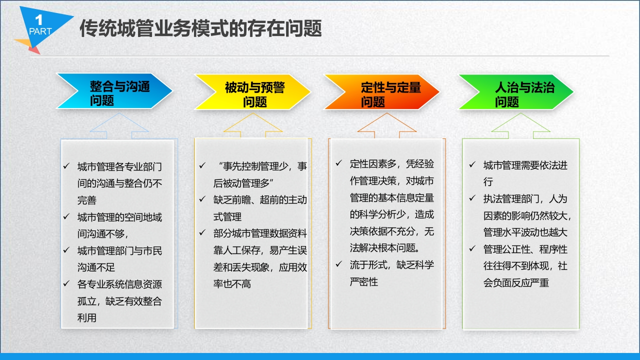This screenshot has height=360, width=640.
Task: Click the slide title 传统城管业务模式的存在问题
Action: [x=200, y=28]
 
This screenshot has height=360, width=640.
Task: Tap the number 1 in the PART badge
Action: [x=39, y=19]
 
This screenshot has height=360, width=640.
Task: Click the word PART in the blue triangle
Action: [x=40, y=31]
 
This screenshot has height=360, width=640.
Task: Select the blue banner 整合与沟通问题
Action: [x=114, y=91]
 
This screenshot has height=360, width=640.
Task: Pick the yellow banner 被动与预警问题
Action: [x=252, y=91]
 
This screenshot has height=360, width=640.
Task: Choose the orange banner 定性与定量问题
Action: [x=381, y=91]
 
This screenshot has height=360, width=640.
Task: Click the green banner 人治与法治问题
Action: [x=516, y=91]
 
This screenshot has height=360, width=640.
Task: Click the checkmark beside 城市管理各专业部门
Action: [x=66, y=165]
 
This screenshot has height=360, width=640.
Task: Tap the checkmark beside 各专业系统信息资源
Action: [x=66, y=283]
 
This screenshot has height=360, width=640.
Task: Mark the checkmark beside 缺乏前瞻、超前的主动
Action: [x=202, y=199]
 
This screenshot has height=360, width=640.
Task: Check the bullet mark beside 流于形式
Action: [x=339, y=264]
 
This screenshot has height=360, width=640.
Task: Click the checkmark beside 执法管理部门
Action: [x=472, y=198]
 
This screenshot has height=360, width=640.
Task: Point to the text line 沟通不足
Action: [x=96, y=267]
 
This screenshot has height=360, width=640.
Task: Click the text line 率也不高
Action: [x=232, y=284]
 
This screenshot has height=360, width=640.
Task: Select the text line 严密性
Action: [x=363, y=282]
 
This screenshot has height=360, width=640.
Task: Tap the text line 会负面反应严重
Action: [x=516, y=283]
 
